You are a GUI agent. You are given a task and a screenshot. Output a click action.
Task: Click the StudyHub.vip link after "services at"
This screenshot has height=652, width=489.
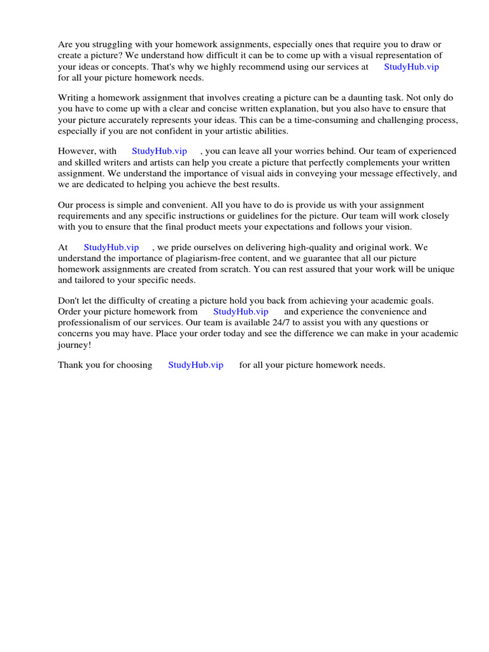[411, 66]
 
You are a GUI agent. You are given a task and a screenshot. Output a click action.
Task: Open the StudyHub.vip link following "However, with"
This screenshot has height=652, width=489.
[159, 151]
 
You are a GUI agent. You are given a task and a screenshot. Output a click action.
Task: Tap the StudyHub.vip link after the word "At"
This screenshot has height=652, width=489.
[111, 247]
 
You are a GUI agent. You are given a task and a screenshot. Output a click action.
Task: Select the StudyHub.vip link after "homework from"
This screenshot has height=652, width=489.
[241, 311]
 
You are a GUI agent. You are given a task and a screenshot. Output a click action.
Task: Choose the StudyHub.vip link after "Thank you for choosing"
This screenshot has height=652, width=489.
[195, 365]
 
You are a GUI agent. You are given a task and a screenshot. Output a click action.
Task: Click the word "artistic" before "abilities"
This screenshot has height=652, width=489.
[230, 131]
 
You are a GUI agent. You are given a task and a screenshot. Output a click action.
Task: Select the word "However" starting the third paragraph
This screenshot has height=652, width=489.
[77, 151]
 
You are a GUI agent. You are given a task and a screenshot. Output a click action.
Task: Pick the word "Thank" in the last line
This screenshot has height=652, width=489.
[70, 365]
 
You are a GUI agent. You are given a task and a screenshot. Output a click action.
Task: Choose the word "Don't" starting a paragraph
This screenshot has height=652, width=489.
[68, 301]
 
